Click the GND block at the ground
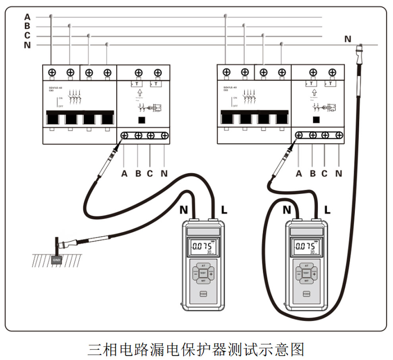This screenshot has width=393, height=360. tap(56, 259)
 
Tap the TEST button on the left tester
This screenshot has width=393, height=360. tap(203, 273)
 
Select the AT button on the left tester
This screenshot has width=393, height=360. tap(203, 265)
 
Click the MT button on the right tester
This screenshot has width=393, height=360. tap(306, 281)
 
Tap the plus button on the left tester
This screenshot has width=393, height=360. tap(211, 273)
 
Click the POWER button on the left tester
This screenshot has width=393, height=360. tap(203, 294)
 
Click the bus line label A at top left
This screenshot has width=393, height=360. tap(27, 17)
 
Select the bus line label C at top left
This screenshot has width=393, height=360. tap(27, 36)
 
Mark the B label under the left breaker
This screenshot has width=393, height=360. tap(138, 173)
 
